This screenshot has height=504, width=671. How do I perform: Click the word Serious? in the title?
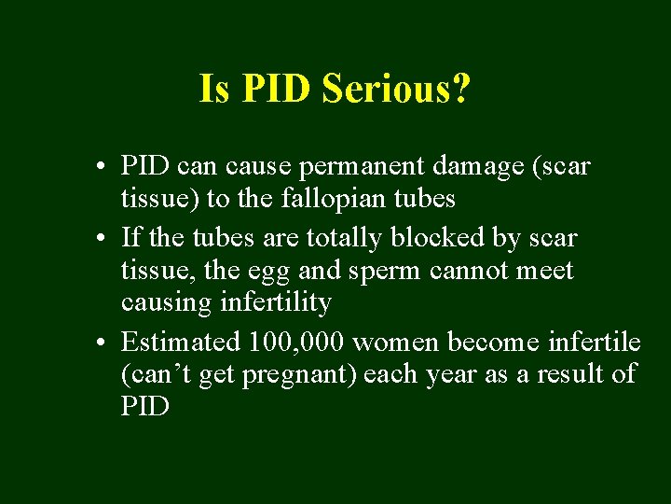tap(396, 90)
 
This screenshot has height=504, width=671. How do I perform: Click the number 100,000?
tap(296, 342)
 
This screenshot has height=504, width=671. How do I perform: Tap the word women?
tap(396, 342)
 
